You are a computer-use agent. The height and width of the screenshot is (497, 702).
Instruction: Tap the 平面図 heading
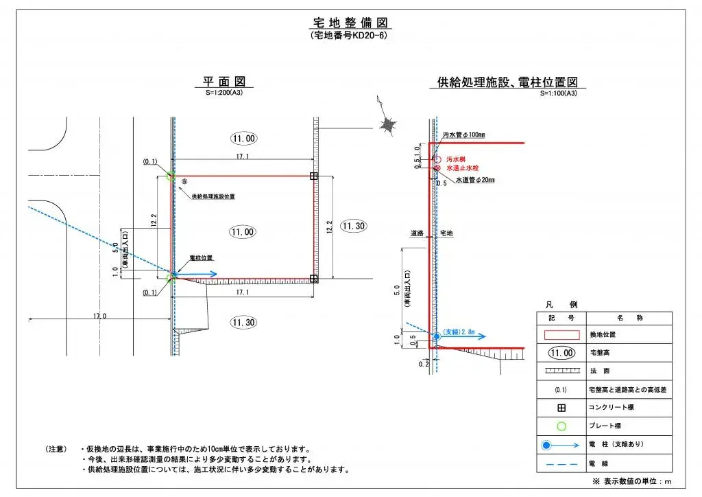[223, 82]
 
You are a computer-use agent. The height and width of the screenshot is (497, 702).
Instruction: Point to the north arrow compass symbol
[389, 125]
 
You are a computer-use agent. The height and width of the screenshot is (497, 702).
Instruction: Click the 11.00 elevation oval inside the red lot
[243, 232]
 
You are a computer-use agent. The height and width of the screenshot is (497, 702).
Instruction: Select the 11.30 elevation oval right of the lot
[354, 226]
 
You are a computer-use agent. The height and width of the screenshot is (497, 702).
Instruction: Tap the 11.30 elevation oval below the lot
[243, 323]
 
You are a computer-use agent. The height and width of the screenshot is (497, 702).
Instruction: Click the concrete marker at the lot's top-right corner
[314, 176]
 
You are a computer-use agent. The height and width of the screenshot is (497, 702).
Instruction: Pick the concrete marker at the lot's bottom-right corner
[314, 279]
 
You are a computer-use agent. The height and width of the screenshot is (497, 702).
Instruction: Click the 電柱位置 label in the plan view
[201, 258]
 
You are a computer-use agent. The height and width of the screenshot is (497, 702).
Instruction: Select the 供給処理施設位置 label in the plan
[213, 196]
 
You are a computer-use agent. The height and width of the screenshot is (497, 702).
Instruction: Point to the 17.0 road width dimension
[99, 316]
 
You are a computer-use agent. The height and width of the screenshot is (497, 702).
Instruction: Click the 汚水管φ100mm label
[463, 135]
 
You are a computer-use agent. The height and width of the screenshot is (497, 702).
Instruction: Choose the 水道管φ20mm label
[474, 180]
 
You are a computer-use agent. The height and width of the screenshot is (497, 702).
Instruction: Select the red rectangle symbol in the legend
[561, 335]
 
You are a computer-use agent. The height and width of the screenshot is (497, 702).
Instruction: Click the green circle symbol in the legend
[561, 426]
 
